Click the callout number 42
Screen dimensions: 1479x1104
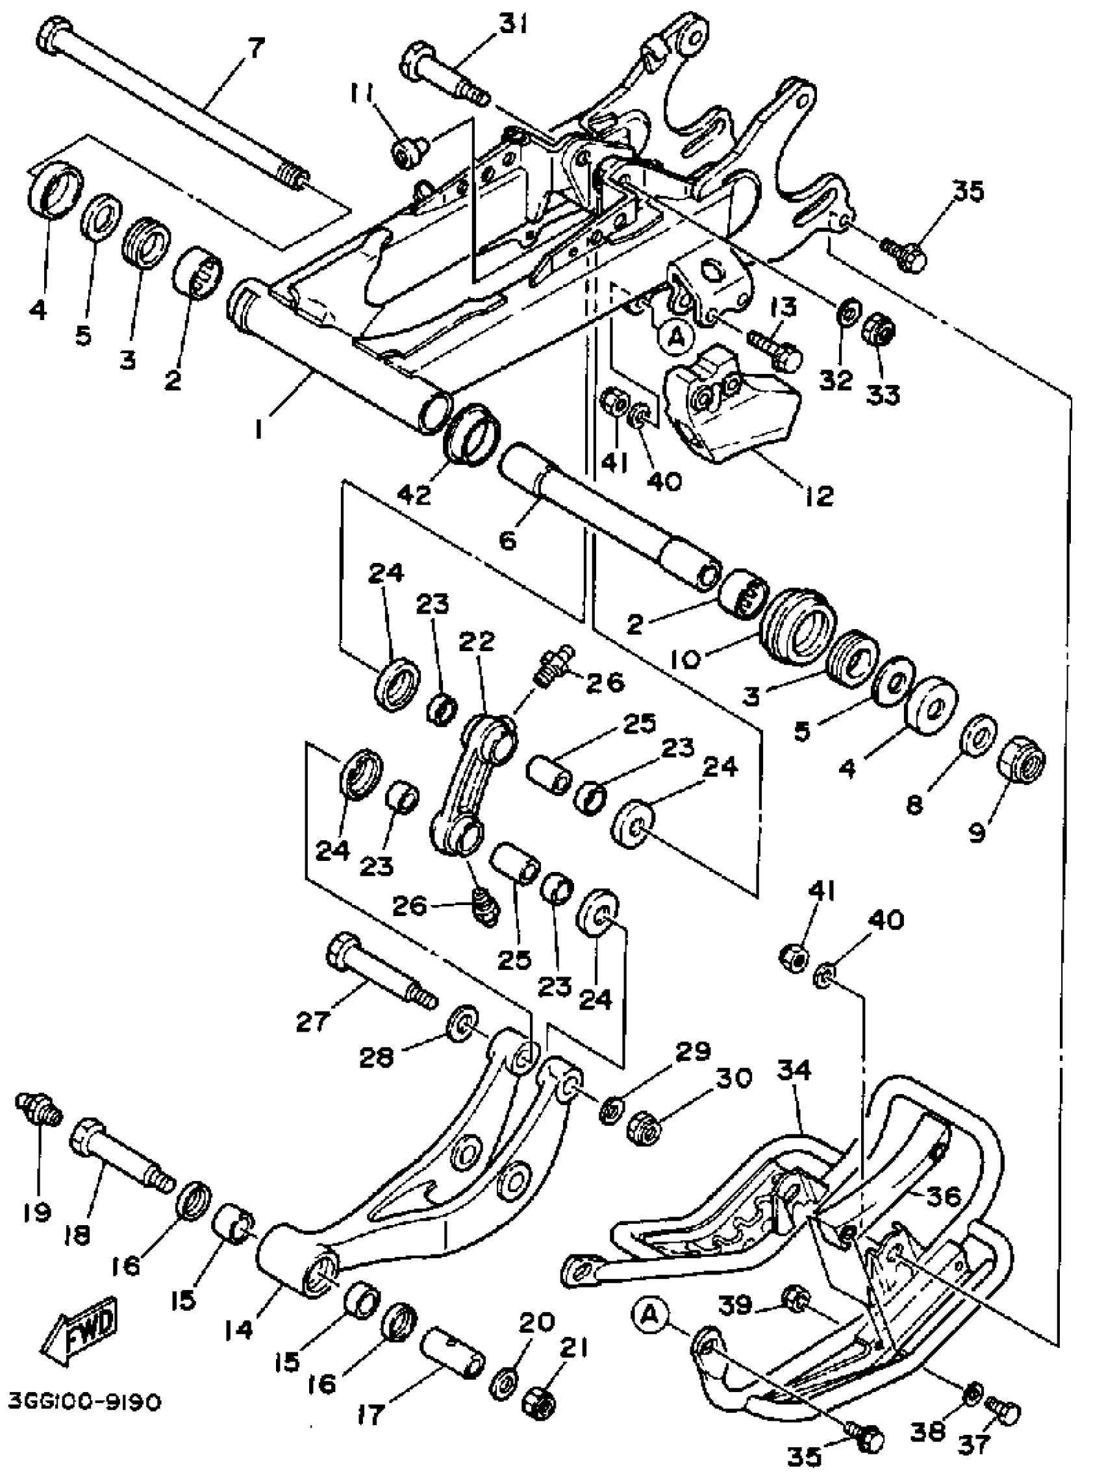click(415, 495)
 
